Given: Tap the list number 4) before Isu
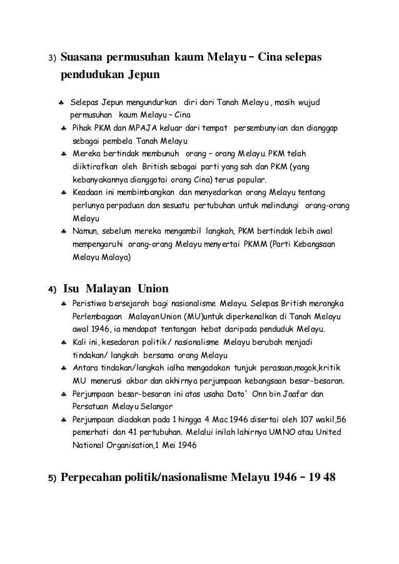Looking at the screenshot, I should point(53,290).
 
